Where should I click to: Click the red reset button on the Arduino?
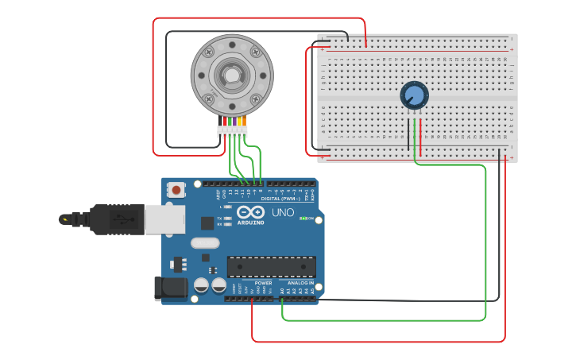(x=176, y=190)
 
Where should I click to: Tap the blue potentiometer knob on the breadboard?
(x=413, y=96)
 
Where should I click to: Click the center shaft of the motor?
(x=231, y=75)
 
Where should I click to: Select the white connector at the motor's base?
(x=232, y=131)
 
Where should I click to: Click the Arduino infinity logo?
(x=250, y=213)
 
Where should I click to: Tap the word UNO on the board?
(x=283, y=213)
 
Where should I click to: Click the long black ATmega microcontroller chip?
(x=271, y=267)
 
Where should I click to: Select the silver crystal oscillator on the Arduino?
(x=204, y=243)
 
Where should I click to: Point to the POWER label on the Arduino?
(x=263, y=283)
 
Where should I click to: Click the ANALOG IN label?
(x=300, y=283)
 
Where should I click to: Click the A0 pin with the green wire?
(x=283, y=299)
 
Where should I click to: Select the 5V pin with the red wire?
(x=252, y=299)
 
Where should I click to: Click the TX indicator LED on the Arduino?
(x=228, y=217)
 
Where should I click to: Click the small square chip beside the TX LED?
(x=207, y=223)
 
